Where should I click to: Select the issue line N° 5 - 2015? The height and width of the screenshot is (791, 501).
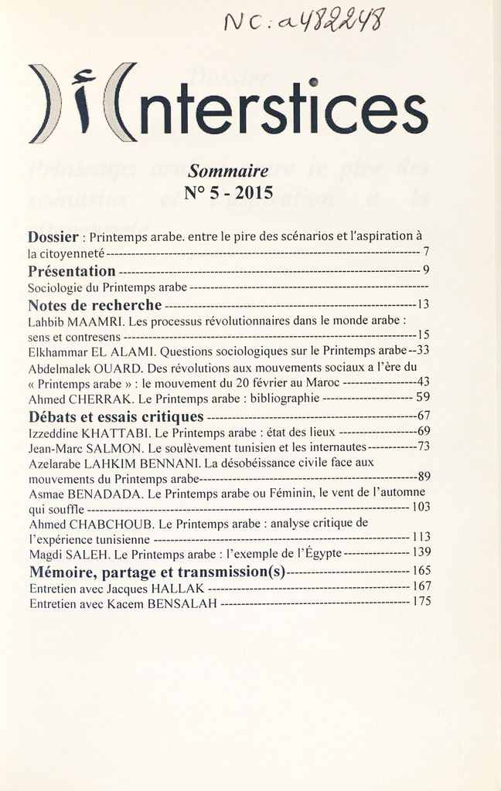(229, 192)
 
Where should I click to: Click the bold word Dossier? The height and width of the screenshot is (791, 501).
(53, 236)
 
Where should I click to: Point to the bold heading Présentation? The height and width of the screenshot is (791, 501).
(72, 271)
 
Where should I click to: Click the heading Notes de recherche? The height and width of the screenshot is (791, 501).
(95, 305)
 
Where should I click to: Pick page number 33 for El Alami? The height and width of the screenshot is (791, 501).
(423, 350)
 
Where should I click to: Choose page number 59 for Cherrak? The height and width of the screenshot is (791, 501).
(423, 398)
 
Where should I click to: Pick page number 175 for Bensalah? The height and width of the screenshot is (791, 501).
(421, 601)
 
